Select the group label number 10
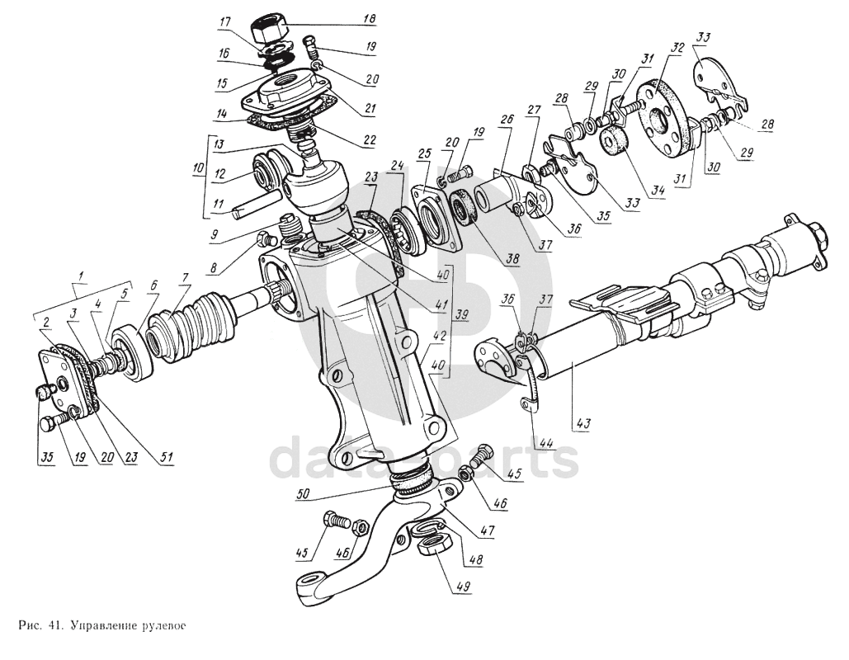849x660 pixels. (x=196, y=169)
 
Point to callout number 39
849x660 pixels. (x=464, y=315)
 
